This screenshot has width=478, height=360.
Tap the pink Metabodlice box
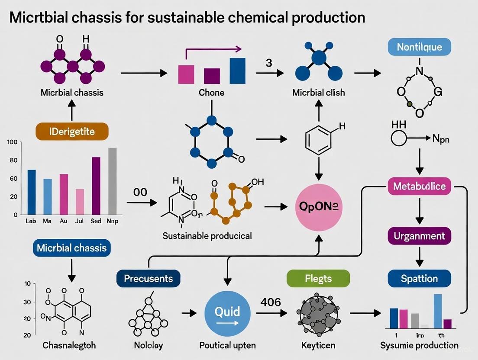(x=419, y=186)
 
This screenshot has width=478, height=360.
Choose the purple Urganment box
(x=419, y=236)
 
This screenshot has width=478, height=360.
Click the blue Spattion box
(x=419, y=278)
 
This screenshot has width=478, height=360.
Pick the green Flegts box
(x=318, y=278)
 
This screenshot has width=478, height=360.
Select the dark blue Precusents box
(x=149, y=278)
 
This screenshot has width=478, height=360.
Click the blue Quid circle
(x=227, y=312)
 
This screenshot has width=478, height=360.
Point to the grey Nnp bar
(x=112, y=181)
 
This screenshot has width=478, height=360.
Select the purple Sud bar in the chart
(x=96, y=186)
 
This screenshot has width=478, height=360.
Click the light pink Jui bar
(x=80, y=202)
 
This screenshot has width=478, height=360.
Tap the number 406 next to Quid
(x=271, y=302)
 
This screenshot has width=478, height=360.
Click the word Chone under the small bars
(x=211, y=92)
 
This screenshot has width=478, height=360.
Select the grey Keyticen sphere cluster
(x=318, y=314)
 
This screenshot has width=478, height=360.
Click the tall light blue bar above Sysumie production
(x=437, y=311)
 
